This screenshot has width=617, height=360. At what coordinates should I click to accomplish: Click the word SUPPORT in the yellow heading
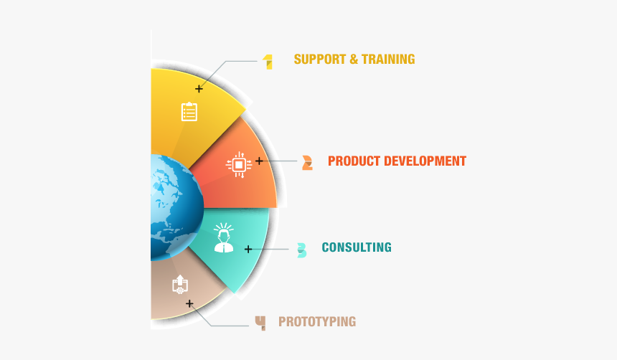click(319, 59)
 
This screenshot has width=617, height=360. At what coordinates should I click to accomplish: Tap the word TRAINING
click(388, 59)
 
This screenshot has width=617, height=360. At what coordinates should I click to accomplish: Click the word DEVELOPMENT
click(425, 161)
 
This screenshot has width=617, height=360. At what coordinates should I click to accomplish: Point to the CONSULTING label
click(357, 247)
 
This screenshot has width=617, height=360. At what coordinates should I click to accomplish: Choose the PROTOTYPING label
click(317, 321)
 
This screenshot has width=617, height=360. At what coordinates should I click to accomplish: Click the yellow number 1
click(268, 62)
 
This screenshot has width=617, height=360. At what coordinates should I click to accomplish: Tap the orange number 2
click(307, 163)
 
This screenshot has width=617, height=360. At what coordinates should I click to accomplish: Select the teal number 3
click(302, 250)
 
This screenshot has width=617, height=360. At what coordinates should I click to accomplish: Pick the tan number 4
click(260, 323)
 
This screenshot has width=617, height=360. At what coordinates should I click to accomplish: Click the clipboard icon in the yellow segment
click(189, 112)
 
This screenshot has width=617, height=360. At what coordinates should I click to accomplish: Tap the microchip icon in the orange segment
click(239, 164)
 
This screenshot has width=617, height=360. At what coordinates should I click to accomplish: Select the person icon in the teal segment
click(224, 237)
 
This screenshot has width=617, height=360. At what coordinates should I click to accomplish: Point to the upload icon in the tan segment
click(180, 284)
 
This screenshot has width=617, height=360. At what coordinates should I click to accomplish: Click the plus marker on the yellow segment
click(199, 89)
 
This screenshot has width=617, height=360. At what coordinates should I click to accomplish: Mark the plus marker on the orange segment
click(259, 161)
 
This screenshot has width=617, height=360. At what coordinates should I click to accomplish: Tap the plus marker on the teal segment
click(248, 249)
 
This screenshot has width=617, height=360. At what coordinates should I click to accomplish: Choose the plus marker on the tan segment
click(189, 304)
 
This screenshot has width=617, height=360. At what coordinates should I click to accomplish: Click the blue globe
click(177, 208)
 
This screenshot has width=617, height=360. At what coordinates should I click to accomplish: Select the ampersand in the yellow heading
click(354, 60)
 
